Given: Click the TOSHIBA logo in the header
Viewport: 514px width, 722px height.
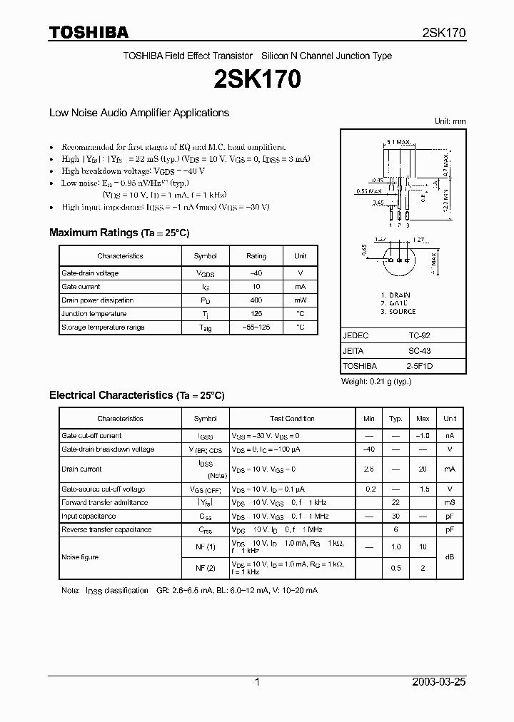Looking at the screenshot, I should pyautogui.click(x=89, y=32).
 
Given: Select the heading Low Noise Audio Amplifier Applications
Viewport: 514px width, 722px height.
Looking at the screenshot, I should pyautogui.click(x=138, y=113).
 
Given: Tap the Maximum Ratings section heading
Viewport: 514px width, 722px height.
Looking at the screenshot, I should pyautogui.click(x=119, y=233).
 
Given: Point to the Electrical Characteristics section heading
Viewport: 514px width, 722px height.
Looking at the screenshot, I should pyautogui.click(x=136, y=395).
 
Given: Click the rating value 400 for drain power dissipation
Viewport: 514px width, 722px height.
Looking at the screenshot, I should pyautogui.click(x=256, y=300).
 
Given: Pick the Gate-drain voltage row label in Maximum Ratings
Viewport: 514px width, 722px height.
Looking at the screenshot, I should pyautogui.click(x=90, y=273).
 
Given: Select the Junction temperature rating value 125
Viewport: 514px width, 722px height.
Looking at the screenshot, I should pyautogui.click(x=256, y=314).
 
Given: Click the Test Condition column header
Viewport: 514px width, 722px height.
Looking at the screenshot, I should pyautogui.click(x=292, y=419).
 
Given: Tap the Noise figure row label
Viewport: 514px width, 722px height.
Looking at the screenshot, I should pyautogui.click(x=80, y=557).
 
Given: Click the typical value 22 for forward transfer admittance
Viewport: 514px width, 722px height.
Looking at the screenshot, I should pyautogui.click(x=395, y=503).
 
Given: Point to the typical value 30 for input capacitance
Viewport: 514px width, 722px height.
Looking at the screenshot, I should pyautogui.click(x=395, y=517).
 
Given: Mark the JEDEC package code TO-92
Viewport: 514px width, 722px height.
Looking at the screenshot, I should pyautogui.click(x=420, y=335).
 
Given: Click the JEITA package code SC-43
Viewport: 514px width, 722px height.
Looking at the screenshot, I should pyautogui.click(x=420, y=351).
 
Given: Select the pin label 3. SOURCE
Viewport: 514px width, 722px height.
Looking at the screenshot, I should pyautogui.click(x=398, y=312).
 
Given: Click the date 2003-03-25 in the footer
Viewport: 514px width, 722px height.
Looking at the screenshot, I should pyautogui.click(x=439, y=682).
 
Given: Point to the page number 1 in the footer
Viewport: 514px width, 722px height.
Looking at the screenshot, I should pyautogui.click(x=257, y=682).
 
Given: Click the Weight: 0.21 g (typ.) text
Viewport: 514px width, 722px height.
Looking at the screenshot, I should pyautogui.click(x=376, y=382).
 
